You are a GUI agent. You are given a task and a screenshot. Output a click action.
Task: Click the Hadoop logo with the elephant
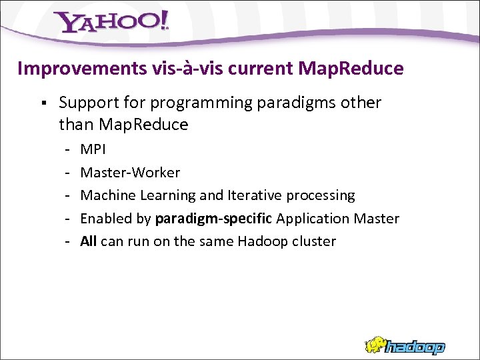coord(404,345)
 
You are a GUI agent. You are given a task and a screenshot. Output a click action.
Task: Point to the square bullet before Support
coord(42,103)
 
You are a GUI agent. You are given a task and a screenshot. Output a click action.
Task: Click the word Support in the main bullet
coord(86,103)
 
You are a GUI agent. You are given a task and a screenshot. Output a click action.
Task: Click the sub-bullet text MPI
coord(93,149)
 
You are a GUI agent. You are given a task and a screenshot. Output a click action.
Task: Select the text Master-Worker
coord(130,173)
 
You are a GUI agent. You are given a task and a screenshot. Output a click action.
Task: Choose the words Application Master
coord(337,219)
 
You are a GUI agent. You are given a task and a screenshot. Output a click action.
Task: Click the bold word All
coord(88,241)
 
